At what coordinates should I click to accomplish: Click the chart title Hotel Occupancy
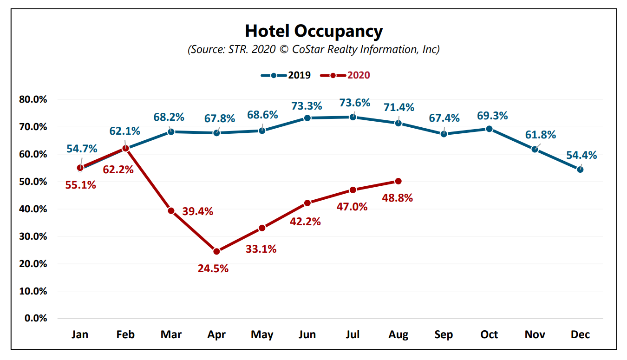(313, 31)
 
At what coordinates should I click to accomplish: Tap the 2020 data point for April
(216, 251)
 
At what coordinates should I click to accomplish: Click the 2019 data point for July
(353, 117)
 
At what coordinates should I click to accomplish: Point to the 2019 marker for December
(580, 170)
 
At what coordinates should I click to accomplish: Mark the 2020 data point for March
(171, 210)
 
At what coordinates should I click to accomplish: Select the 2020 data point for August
(398, 181)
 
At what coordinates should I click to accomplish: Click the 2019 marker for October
(489, 129)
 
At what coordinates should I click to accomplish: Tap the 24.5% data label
(213, 268)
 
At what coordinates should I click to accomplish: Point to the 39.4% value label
(198, 211)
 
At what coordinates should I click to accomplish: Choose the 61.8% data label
(541, 135)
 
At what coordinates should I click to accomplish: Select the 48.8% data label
(398, 198)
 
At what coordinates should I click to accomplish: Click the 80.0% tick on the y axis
(33, 99)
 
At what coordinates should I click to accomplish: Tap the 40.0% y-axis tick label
(33, 209)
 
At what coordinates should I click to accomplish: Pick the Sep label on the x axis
(444, 335)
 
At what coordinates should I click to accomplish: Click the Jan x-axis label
(80, 335)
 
